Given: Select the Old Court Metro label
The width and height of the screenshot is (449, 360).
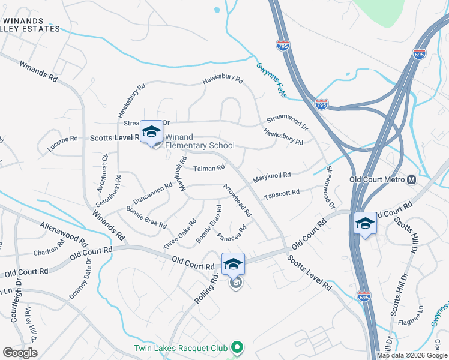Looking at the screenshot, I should tap(378, 179).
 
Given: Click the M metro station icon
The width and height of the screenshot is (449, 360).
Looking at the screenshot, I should tap(412, 179).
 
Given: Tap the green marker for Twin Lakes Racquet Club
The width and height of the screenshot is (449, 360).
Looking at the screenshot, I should tap(238, 347).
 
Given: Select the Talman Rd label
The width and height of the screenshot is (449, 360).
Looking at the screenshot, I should tap(209, 168).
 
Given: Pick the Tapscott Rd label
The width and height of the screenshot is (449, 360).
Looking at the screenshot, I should tap(281, 194).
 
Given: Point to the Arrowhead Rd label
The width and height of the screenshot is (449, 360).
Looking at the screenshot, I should tap(237, 200).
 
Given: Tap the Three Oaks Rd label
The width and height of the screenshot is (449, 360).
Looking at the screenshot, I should tap(180, 234).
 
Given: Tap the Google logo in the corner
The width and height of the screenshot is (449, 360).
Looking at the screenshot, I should tap(20, 353).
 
